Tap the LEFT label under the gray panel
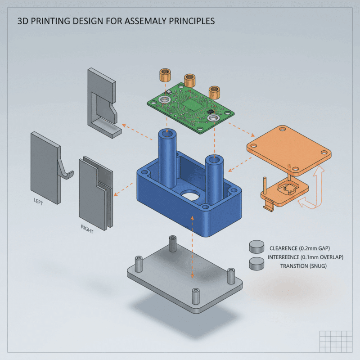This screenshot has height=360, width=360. (x=39, y=202)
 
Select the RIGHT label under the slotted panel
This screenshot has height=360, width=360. (x=87, y=229)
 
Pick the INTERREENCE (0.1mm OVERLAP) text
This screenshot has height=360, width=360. (x=305, y=257)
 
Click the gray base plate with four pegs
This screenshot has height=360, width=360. (x=184, y=279)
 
